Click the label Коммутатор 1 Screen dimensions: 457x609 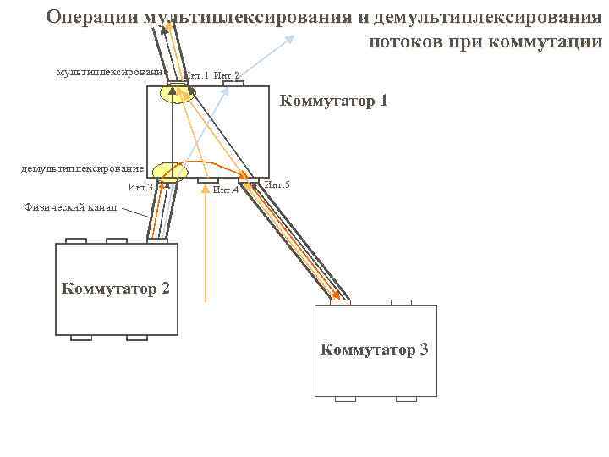tap(333, 102)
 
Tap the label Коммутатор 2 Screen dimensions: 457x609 tap(116, 289)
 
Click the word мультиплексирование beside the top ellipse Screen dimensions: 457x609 tap(111, 74)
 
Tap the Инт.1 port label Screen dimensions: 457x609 tap(196, 77)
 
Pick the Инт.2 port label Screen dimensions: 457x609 tap(227, 77)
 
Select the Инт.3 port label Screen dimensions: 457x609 tap(140, 188)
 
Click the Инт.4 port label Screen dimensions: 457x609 tap(226, 190)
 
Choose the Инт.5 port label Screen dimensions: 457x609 tap(277, 184)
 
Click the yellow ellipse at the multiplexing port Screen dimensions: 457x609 tap(178, 92)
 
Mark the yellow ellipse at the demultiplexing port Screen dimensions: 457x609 tap(170, 172)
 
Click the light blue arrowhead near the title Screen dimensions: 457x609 tap(292, 36)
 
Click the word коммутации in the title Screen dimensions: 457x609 tap(557, 42)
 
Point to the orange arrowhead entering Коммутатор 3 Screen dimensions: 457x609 tap(343, 296)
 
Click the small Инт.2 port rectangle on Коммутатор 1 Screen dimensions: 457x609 tap(232, 84)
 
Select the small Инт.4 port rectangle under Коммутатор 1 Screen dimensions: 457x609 tap(207, 180)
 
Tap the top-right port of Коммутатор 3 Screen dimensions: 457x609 tap(402, 301)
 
